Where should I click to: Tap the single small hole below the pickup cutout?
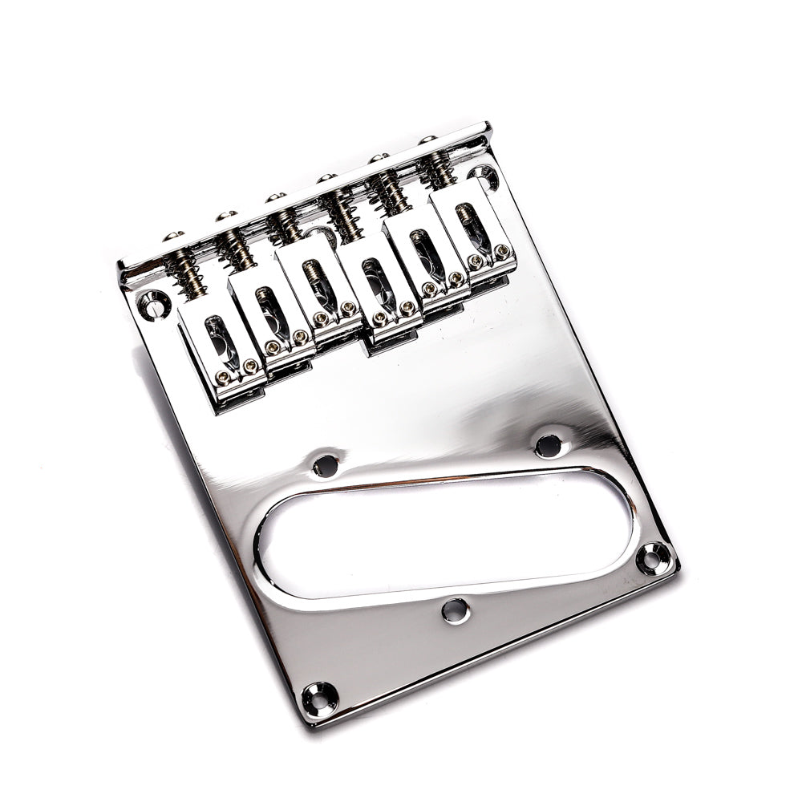pos(454,610)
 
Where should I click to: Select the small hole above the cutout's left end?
pos(325,464)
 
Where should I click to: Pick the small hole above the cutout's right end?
pos(548,444)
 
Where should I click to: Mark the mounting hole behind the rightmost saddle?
pos(483,175)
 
